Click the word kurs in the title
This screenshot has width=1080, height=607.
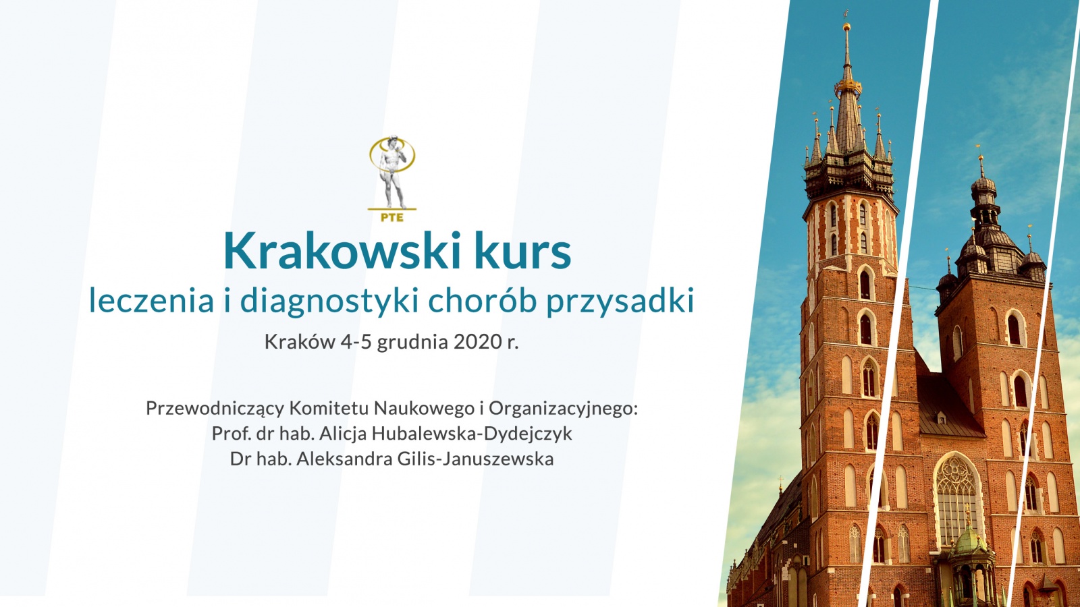click(523, 251)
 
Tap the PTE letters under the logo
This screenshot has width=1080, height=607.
click(392, 217)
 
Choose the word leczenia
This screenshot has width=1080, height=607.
click(151, 301)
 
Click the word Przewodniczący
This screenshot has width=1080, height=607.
click(215, 409)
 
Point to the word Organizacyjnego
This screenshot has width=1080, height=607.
click(563, 409)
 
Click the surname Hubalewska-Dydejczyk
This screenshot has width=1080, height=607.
click(473, 434)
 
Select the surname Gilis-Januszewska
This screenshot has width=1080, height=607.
click(475, 459)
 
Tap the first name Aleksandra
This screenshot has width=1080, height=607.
click(344, 459)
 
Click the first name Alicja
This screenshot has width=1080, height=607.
click(344, 434)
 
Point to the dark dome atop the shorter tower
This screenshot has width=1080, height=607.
click(983, 185)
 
